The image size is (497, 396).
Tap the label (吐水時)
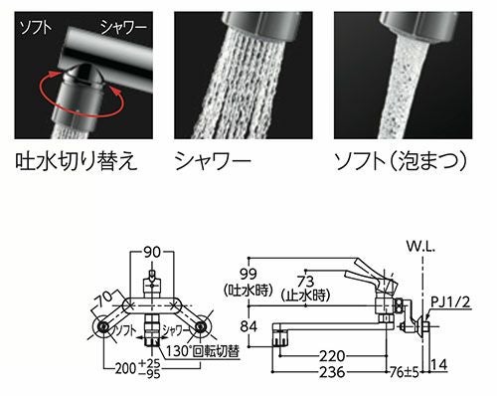click(x=251, y=292)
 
